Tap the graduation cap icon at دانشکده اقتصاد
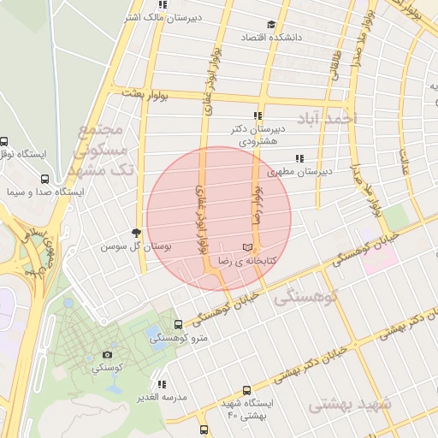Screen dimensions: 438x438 (x=271, y=25)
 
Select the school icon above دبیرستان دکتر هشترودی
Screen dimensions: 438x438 (x=257, y=115)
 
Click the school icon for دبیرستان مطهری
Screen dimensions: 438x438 (x=299, y=158)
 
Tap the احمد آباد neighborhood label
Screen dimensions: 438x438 (x=322, y=118)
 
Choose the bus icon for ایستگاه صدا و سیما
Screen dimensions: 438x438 (x=44, y=180)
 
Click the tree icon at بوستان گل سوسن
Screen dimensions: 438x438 (x=135, y=233)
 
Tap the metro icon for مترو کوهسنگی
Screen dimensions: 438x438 (x=178, y=325)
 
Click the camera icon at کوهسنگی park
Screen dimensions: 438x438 (x=107, y=354)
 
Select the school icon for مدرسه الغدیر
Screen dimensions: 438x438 (x=162, y=385)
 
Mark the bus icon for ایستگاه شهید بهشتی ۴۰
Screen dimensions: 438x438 (x=247, y=389)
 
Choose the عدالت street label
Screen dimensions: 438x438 (x=405, y=157)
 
